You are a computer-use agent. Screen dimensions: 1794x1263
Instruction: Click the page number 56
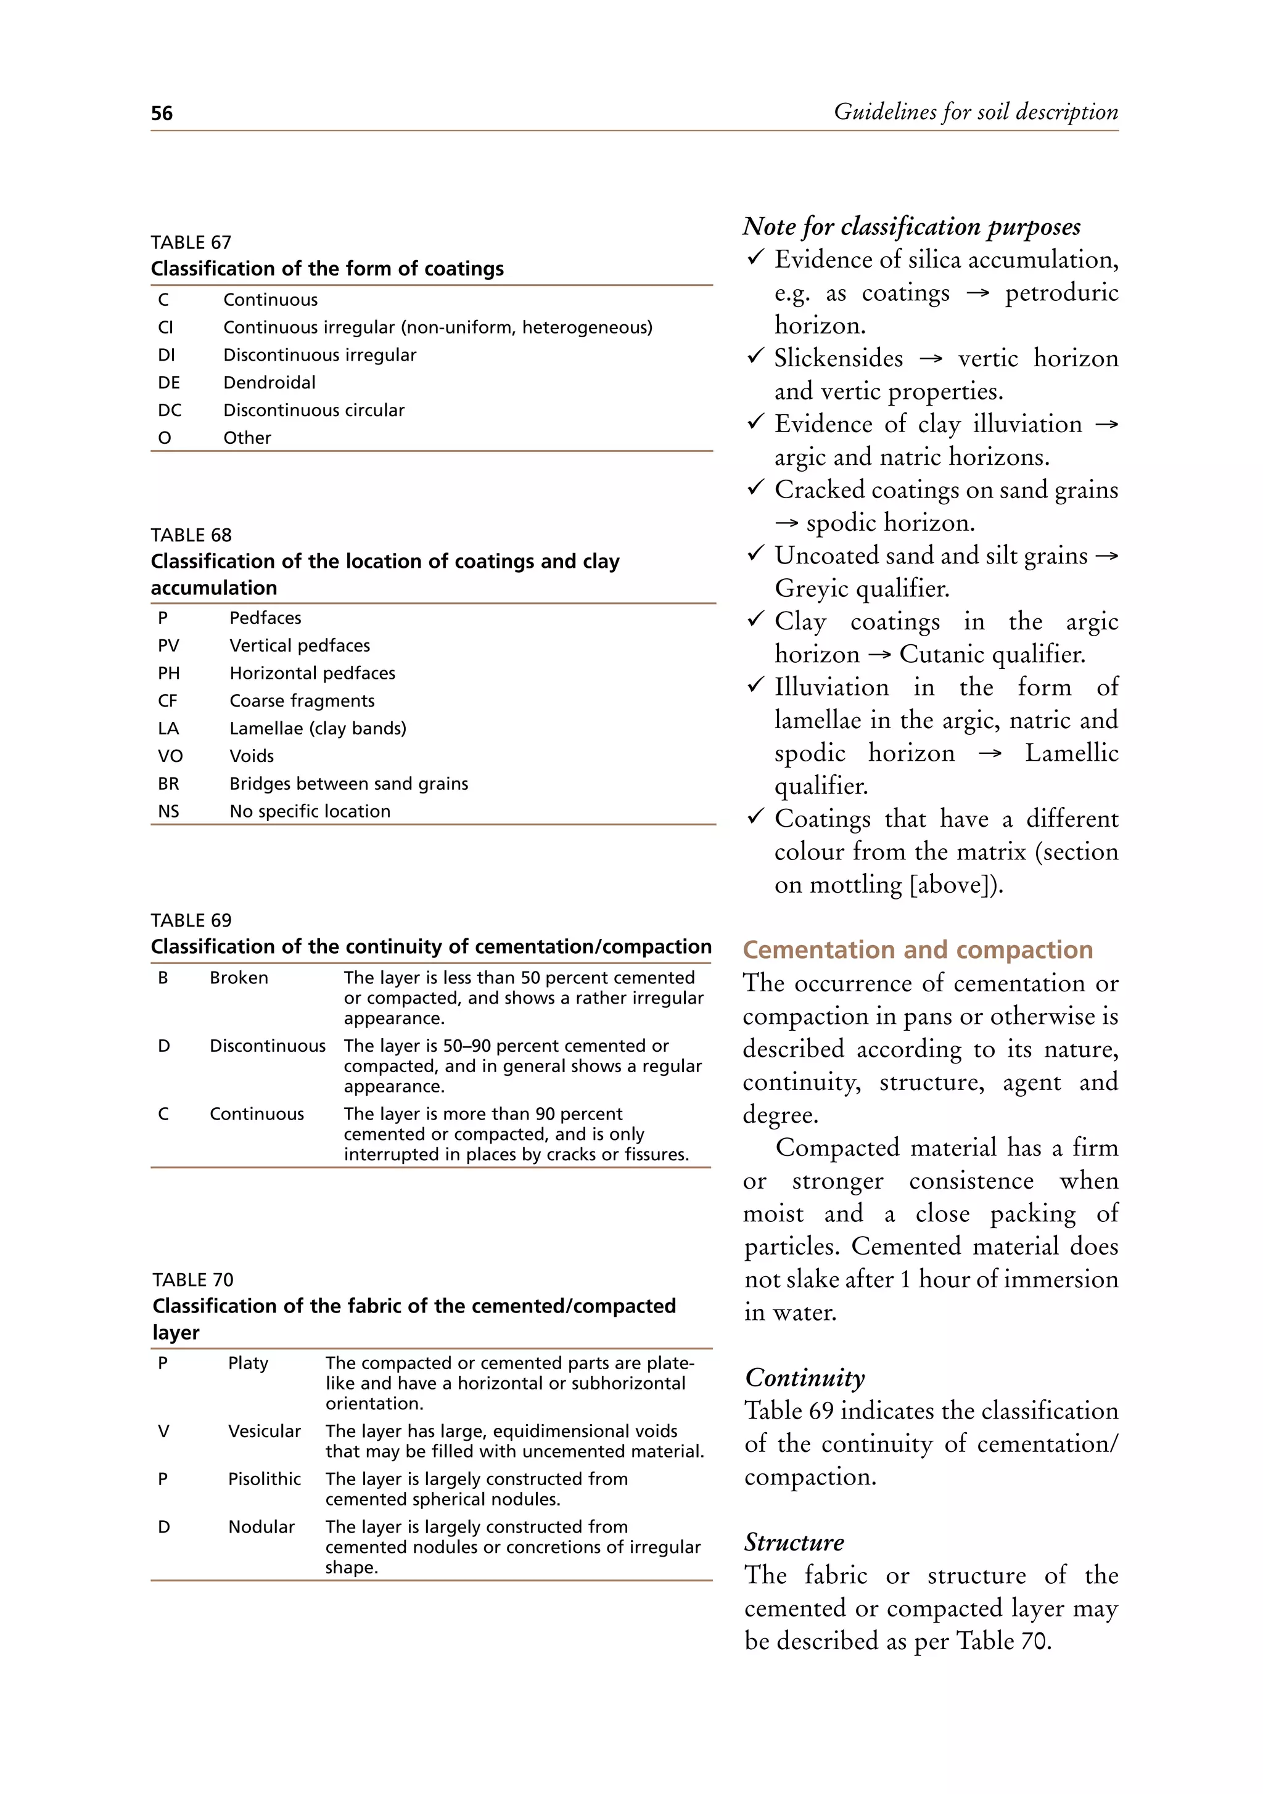pyautogui.click(x=162, y=113)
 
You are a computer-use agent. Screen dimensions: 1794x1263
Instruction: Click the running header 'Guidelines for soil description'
pyautogui.click(x=976, y=112)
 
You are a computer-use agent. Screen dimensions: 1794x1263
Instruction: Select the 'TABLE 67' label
pyautogui.click(x=191, y=242)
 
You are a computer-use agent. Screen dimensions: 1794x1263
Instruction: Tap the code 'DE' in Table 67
pyautogui.click(x=169, y=383)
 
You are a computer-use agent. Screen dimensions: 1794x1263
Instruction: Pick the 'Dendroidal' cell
pyautogui.click(x=269, y=383)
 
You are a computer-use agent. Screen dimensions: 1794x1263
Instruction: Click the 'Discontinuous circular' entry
pyautogui.click(x=313, y=410)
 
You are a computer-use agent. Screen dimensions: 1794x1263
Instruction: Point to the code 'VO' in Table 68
pyautogui.click(x=170, y=756)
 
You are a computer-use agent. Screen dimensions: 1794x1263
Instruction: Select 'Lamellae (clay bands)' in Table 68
pyautogui.click(x=318, y=728)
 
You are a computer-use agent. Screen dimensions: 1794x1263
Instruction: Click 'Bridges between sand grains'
pyautogui.click(x=348, y=784)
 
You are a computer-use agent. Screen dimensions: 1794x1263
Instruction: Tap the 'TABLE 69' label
pyautogui.click(x=191, y=920)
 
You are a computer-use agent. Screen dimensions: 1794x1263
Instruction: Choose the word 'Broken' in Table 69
pyautogui.click(x=239, y=978)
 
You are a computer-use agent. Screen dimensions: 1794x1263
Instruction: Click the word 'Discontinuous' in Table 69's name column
pyautogui.click(x=267, y=1046)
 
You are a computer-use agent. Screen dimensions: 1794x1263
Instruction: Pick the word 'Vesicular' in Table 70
pyautogui.click(x=264, y=1432)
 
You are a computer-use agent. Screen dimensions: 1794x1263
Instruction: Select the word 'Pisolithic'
pyautogui.click(x=264, y=1479)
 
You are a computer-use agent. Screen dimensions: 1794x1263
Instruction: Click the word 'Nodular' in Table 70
pyautogui.click(x=261, y=1527)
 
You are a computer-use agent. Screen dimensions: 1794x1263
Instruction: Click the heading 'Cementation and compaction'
pyautogui.click(x=918, y=949)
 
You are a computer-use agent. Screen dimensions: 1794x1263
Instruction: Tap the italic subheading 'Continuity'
pyautogui.click(x=804, y=1377)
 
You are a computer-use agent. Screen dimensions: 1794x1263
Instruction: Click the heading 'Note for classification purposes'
pyautogui.click(x=911, y=227)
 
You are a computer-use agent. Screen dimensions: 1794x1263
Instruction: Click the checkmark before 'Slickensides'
pyautogui.click(x=755, y=357)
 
